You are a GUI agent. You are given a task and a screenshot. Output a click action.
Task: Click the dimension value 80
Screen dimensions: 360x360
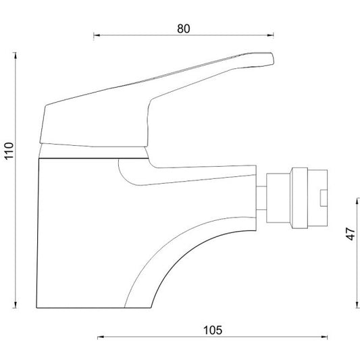click(184, 29)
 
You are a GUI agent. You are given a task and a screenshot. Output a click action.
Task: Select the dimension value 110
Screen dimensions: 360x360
click(9, 151)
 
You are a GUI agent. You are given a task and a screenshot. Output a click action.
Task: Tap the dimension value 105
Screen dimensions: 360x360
click(213, 330)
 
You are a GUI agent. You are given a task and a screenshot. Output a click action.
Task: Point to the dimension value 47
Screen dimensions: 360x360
click(351, 234)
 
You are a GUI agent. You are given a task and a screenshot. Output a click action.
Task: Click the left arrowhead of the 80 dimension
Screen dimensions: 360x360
click(97, 35)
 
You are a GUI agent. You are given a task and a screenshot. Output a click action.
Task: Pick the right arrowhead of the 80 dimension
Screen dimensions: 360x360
click(270, 35)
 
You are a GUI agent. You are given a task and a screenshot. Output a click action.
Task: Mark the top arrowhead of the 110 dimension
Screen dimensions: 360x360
click(16, 55)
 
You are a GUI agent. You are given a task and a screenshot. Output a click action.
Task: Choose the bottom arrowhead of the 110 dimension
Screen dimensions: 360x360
click(16, 305)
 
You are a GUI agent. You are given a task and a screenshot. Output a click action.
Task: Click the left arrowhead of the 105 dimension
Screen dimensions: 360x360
click(101, 337)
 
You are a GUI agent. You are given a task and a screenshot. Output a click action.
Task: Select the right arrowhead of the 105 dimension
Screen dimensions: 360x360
click(324, 337)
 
